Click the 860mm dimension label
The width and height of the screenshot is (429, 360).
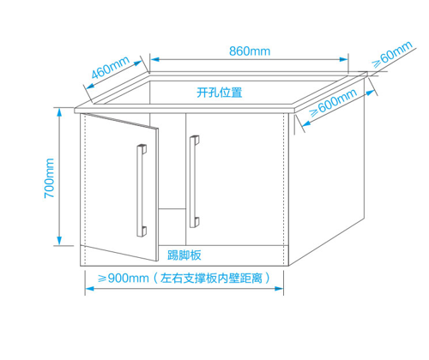click(250, 51)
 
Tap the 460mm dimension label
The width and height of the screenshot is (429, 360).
click(111, 68)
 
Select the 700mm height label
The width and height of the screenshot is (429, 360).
click(49, 178)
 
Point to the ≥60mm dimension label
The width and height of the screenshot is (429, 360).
click(392, 54)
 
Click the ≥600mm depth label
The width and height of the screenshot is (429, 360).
click(334, 103)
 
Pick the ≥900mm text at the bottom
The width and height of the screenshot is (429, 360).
click(124, 278)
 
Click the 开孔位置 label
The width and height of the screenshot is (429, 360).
click(220, 93)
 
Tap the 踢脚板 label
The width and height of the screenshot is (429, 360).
click(184, 255)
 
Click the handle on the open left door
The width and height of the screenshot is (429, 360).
click(142, 190)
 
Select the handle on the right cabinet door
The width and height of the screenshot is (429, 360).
click(194, 182)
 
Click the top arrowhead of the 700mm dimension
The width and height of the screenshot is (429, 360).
click(59, 113)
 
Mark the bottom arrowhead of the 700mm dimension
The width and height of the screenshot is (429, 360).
click(59, 241)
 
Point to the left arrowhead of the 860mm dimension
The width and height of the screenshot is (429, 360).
click(154, 59)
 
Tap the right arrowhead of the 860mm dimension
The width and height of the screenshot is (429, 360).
click(344, 59)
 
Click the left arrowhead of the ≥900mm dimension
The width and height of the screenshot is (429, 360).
click(89, 289)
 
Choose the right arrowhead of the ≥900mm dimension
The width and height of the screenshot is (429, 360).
click(279, 289)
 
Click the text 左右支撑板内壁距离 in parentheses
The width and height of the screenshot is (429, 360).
click(211, 278)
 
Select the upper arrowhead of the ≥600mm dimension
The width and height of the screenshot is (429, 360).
click(371, 93)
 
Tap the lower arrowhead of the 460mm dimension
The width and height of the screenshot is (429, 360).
click(90, 86)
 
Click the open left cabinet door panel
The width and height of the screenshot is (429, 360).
click(119, 187)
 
